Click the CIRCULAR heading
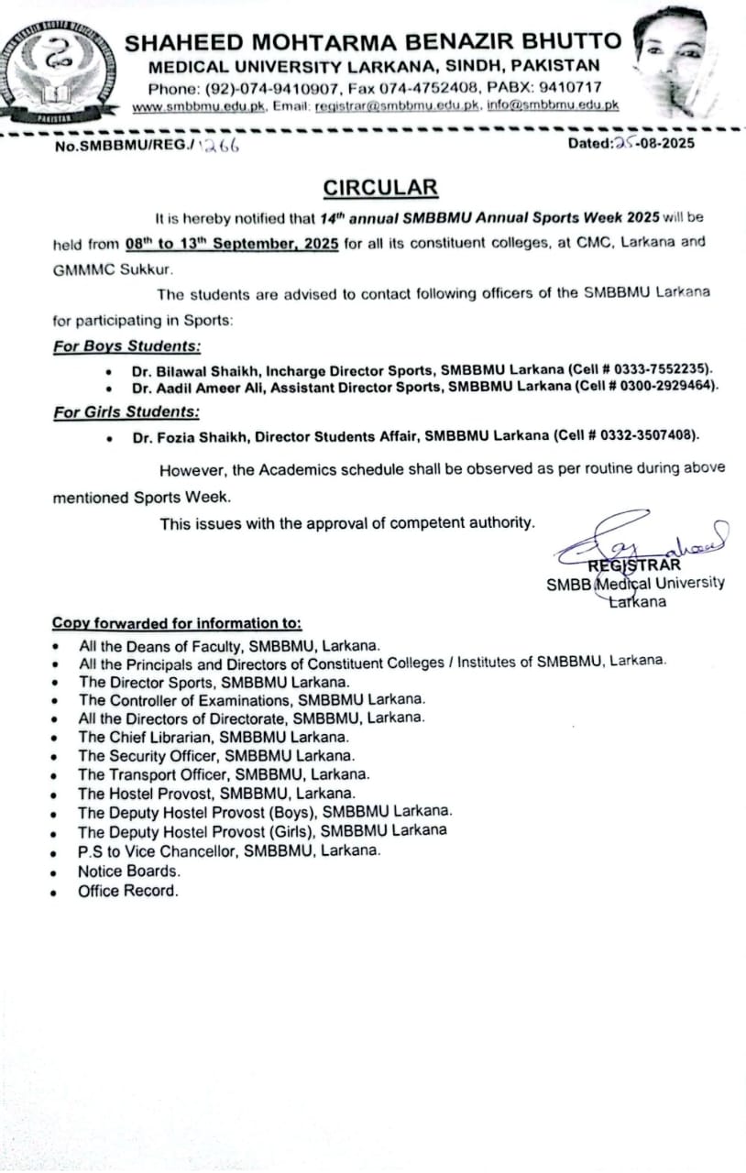[x=380, y=188]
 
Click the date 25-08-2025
[x=652, y=143]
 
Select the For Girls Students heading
[x=126, y=412]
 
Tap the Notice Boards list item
[x=129, y=871]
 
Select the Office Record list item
[x=128, y=891]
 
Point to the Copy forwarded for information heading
[x=177, y=623]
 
